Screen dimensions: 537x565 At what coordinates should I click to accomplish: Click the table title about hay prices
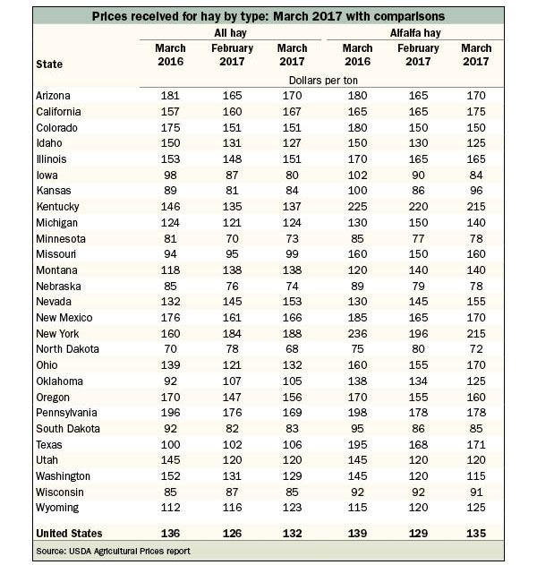pyautogui.click(x=268, y=16)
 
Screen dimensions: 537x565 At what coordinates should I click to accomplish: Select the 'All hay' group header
pyautogui.click(x=230, y=33)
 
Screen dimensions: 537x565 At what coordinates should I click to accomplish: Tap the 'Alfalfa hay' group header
pyautogui.click(x=415, y=33)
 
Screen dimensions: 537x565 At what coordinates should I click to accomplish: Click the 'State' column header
pyautogui.click(x=49, y=64)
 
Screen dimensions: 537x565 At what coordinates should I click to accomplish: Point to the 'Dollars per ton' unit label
pyautogui.click(x=323, y=81)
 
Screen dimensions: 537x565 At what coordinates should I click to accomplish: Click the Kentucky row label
pyautogui.click(x=57, y=207)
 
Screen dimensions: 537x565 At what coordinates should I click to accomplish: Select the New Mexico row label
pyautogui.click(x=64, y=318)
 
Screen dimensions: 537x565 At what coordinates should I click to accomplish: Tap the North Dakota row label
pyautogui.click(x=67, y=349)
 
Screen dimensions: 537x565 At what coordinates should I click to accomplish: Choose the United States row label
pyautogui.click(x=69, y=534)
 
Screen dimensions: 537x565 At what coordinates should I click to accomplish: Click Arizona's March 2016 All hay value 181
pyautogui.click(x=170, y=96)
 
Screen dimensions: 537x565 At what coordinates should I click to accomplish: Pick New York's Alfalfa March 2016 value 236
pyautogui.click(x=357, y=333)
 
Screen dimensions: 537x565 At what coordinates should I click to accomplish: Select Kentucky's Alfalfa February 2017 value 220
pyautogui.click(x=418, y=207)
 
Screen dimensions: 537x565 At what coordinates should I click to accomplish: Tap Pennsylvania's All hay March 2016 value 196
pyautogui.click(x=170, y=412)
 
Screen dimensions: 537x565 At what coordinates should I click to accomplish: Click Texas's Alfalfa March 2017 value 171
pyautogui.click(x=476, y=444)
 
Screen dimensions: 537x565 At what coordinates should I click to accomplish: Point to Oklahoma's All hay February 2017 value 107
pyautogui.click(x=232, y=381)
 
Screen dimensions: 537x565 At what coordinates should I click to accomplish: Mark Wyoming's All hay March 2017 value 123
pyautogui.click(x=292, y=508)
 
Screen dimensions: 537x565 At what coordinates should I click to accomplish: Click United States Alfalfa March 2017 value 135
pyautogui.click(x=476, y=534)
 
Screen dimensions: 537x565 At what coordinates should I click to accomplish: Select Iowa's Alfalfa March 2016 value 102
pyautogui.click(x=357, y=175)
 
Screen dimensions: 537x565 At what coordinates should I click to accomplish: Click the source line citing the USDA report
pyautogui.click(x=113, y=551)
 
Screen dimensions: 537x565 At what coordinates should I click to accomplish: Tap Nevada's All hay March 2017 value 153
pyautogui.click(x=292, y=301)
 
